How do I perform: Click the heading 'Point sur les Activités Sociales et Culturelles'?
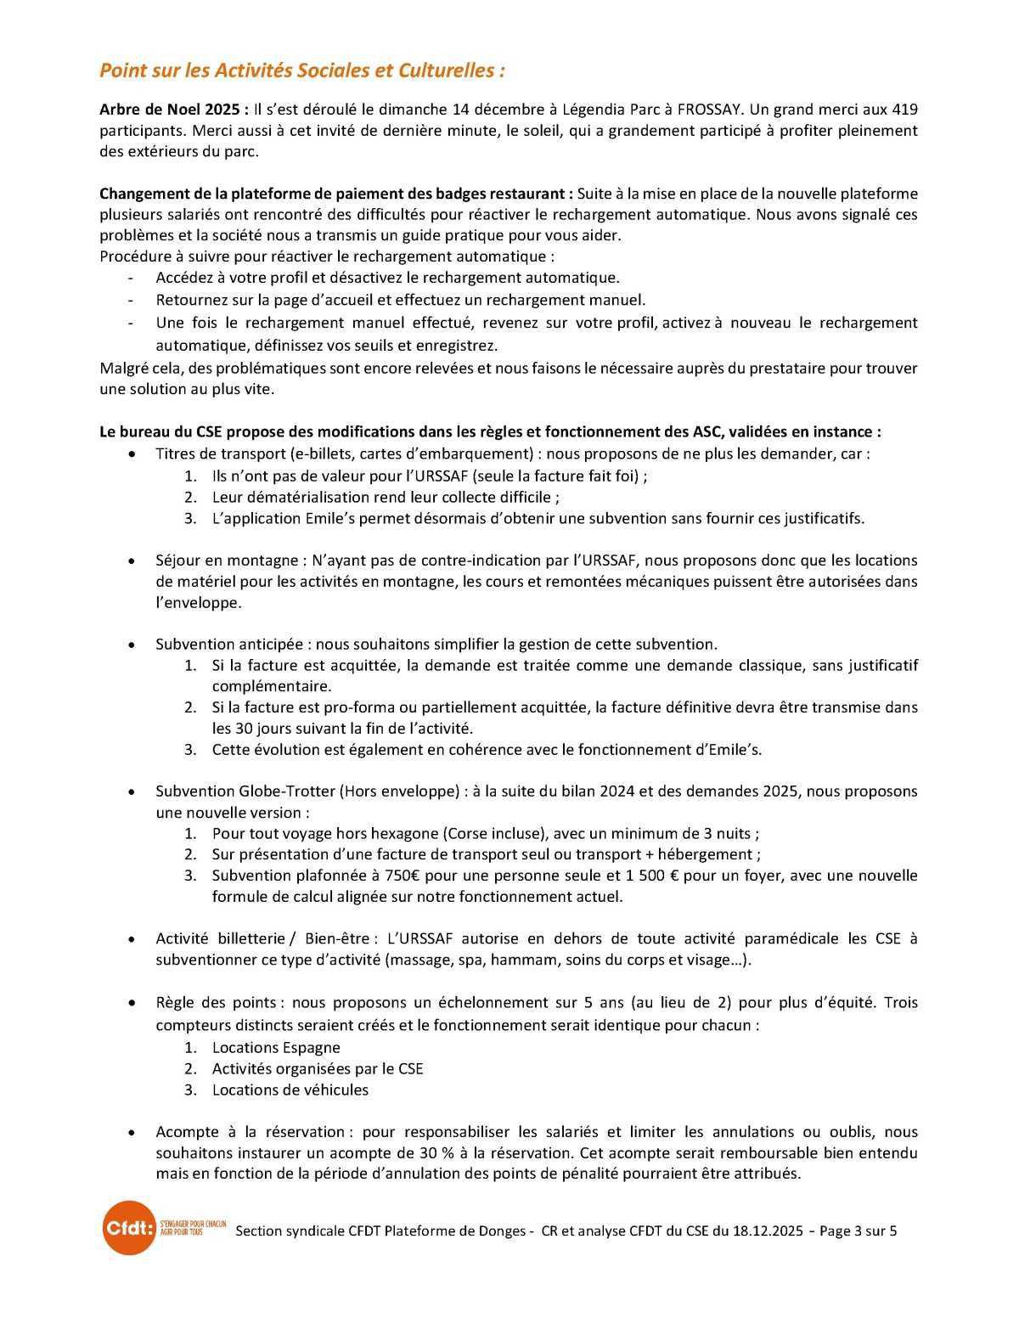point(302,70)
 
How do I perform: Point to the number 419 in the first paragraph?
point(904,110)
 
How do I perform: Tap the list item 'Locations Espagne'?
point(276,1047)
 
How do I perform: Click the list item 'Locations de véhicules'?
point(290,1090)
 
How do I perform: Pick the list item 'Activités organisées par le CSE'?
point(317,1068)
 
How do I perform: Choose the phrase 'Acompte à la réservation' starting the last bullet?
point(250,1131)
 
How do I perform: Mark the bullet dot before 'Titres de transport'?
point(130,454)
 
